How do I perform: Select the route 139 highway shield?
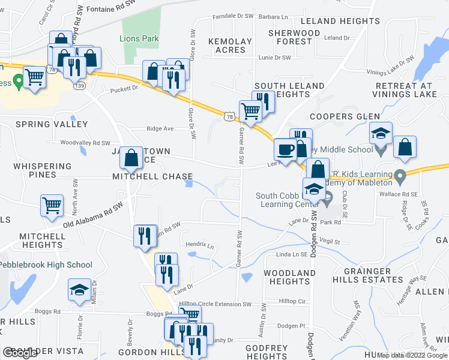80,86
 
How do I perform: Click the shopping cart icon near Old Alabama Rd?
52,205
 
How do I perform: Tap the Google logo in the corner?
20,353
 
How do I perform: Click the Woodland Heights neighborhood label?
289,277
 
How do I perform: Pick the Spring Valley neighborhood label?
52,124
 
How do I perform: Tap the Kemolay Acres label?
230,46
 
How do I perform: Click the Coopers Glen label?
345,116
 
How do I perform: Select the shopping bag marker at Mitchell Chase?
130,157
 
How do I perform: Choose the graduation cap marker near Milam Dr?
79,290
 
